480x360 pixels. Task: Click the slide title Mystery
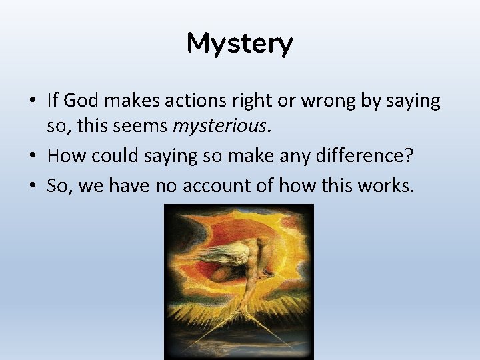(x=240, y=44)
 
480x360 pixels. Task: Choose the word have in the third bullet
(x=130, y=186)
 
